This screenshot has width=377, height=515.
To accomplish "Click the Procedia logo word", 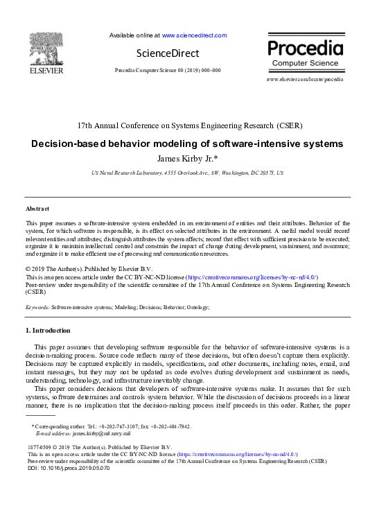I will pyautogui.click(x=305, y=49).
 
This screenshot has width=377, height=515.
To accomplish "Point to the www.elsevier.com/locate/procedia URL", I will pyautogui.click(x=304, y=80).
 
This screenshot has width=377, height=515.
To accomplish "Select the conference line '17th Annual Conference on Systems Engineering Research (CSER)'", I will pyautogui.click(x=188, y=126).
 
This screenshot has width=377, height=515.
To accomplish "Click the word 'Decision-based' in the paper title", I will pyautogui.click(x=67, y=144).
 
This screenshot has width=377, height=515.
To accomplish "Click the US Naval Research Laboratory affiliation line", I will pyautogui.click(x=187, y=173).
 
